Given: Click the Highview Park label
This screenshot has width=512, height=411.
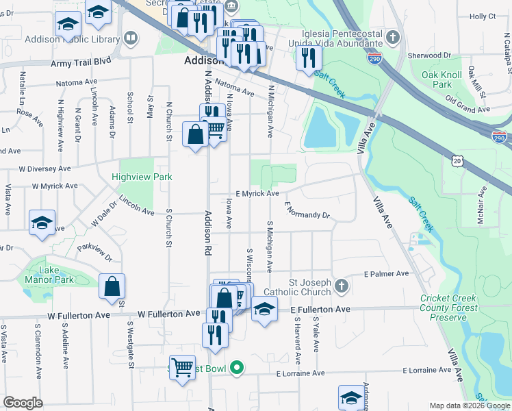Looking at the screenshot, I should click(142, 177).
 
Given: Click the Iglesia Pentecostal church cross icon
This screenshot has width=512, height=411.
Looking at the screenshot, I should click(392, 36).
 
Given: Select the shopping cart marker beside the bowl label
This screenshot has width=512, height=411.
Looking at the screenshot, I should click(182, 368).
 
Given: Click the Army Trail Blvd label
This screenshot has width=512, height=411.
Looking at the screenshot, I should click(81, 62).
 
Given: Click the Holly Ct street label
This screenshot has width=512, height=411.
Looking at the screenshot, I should click(483, 16).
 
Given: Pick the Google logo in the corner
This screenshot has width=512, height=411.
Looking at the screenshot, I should click(23, 403).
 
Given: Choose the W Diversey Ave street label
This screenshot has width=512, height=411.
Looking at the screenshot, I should click(45, 168).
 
